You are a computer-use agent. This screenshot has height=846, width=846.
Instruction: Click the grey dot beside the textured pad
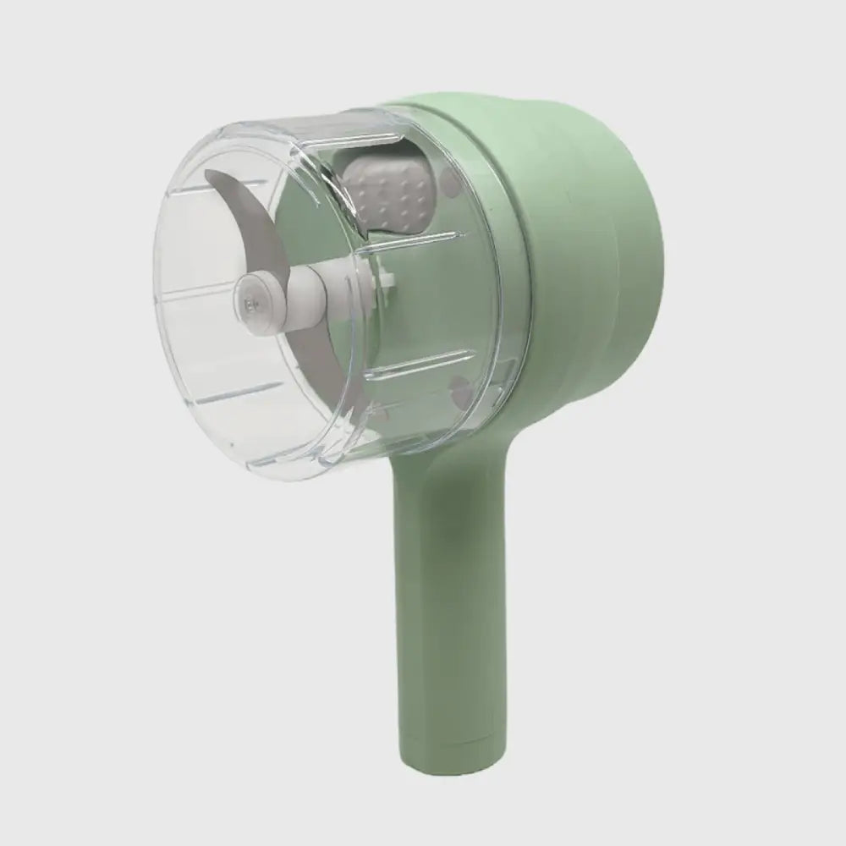446,179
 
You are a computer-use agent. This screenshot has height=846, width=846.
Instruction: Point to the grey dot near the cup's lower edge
459,391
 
